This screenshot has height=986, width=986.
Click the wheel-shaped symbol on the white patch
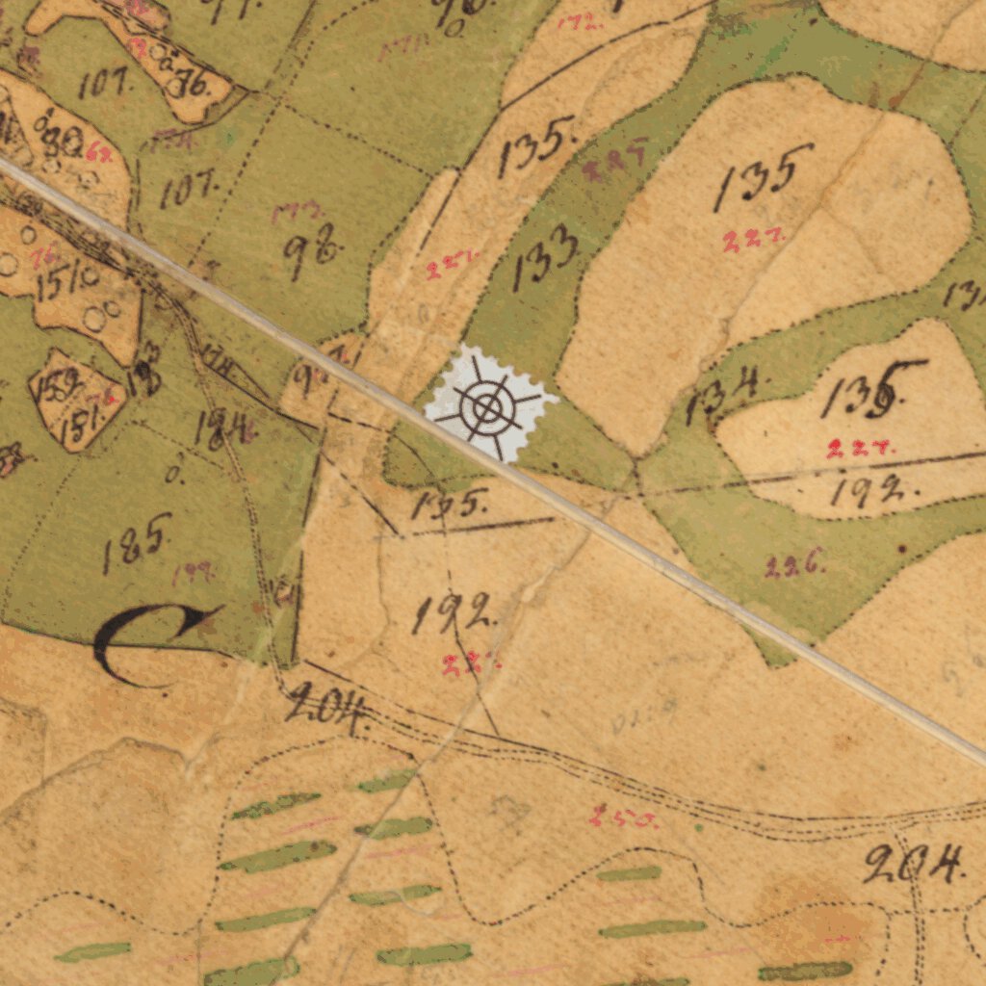pyautogui.click(x=488, y=407)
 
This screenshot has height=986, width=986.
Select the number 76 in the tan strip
pyautogui.click(x=187, y=84)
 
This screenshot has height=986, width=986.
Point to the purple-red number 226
pyautogui.click(x=795, y=566)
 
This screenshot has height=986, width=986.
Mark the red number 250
pyautogui.click(x=624, y=817)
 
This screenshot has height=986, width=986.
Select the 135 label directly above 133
pyautogui.click(x=537, y=146)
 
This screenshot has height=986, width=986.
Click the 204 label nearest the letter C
pyautogui.click(x=327, y=709)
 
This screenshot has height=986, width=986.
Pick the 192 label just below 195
pyautogui.click(x=454, y=613)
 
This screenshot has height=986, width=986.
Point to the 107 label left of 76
pyautogui.click(x=106, y=84)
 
